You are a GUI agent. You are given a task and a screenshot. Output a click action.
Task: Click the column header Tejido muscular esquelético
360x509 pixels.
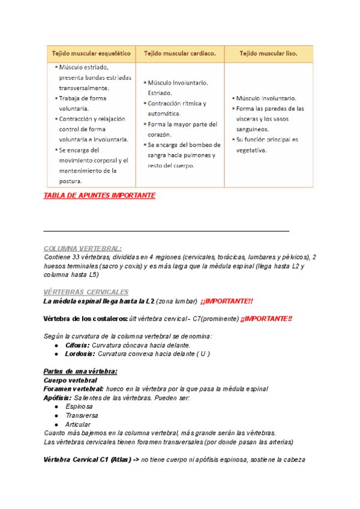click(91, 53)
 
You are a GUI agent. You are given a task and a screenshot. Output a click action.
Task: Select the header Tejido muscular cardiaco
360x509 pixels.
click(180, 53)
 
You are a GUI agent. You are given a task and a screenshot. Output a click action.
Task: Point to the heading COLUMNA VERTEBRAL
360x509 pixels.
click(83, 248)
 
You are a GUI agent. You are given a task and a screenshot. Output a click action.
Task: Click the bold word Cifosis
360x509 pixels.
click(77, 346)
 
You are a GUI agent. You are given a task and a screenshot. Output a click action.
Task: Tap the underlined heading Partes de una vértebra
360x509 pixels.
click(81, 372)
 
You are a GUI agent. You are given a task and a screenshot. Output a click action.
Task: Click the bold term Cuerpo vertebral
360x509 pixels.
click(71, 381)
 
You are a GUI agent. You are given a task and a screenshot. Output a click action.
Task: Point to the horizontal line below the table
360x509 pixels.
click(166, 231)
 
